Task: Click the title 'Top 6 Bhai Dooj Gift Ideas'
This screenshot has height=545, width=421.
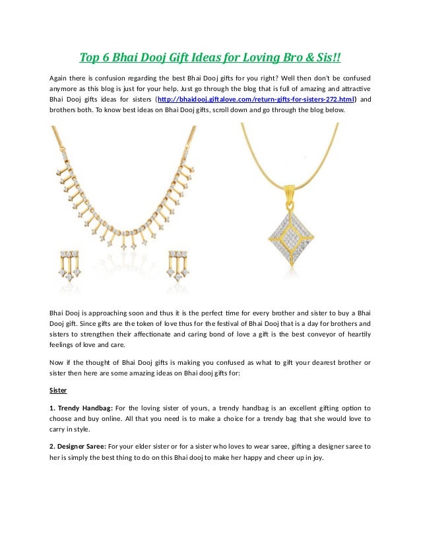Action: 210,58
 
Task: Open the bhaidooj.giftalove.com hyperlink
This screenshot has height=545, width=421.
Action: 256,99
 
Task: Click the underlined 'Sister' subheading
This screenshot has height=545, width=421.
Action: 58,390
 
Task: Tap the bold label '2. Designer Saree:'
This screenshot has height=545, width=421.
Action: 78,447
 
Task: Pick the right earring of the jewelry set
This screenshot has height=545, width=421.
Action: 179,264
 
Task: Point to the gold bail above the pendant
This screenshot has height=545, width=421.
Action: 288,192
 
